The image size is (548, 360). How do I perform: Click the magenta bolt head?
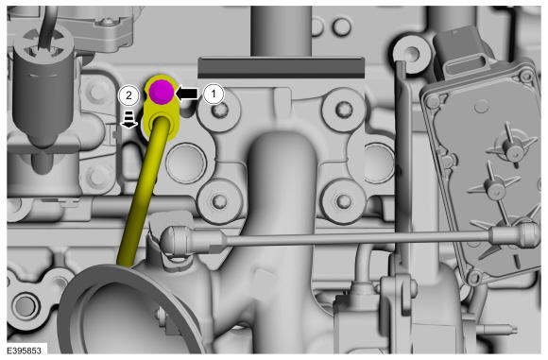(162, 92)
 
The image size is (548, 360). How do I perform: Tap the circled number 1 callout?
(214, 94)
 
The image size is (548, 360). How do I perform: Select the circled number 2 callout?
(128, 94)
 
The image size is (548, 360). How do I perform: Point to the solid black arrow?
(187, 94)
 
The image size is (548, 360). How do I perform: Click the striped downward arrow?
(128, 120)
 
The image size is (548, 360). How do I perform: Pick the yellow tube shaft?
(144, 192)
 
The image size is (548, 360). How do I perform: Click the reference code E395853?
(25, 351)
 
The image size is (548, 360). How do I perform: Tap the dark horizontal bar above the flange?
(281, 68)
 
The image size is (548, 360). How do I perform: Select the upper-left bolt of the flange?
(219, 111)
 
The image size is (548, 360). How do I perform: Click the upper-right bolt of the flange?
(342, 109)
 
